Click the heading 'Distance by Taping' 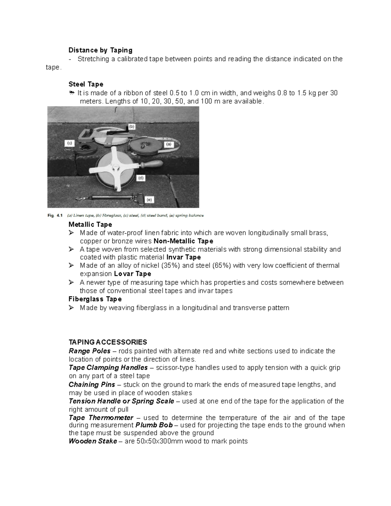pos(100,50)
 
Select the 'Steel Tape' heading pos(86,84)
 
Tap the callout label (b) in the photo pos(132,126)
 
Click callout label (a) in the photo pos(168,144)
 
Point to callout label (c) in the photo pos(69,143)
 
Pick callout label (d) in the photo pos(141,178)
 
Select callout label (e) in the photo pos(149,200)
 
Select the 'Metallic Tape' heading pos(90,224)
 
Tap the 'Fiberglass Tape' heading pos(95,299)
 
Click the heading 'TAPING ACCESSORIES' pos(108,342)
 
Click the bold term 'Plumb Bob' pos(154,425)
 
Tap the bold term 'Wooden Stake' pos(93,441)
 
